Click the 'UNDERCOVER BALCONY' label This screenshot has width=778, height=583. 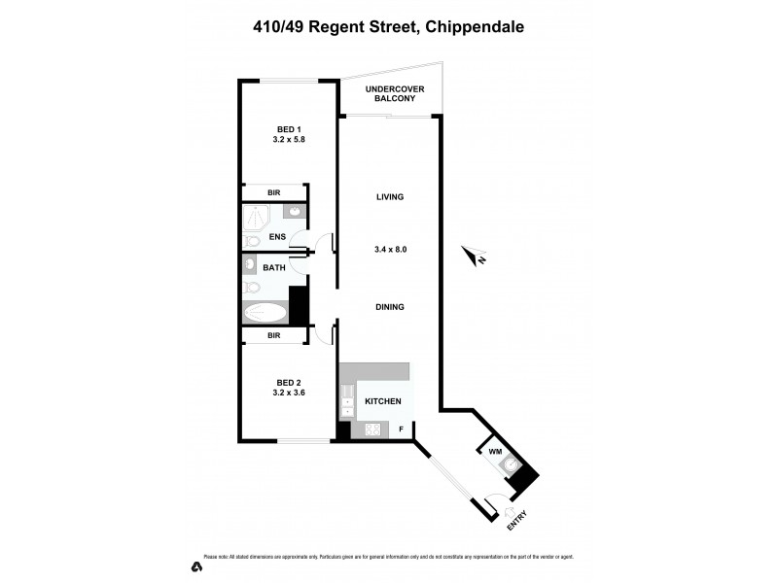coord(390,94)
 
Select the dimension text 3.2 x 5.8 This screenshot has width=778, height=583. coord(289,140)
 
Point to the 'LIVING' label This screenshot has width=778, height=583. coord(390,196)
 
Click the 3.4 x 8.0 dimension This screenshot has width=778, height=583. coord(390,249)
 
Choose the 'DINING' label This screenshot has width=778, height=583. coord(390,307)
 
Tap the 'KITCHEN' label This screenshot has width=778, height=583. coord(383,400)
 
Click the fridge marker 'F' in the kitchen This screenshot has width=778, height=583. coord(401,429)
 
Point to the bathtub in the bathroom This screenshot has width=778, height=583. coord(265,313)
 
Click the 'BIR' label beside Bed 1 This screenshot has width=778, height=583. coord(274,192)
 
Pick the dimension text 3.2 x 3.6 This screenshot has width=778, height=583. coord(289,393)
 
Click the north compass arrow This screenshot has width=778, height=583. coord(476,257)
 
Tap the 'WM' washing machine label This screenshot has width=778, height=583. coord(494,450)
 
